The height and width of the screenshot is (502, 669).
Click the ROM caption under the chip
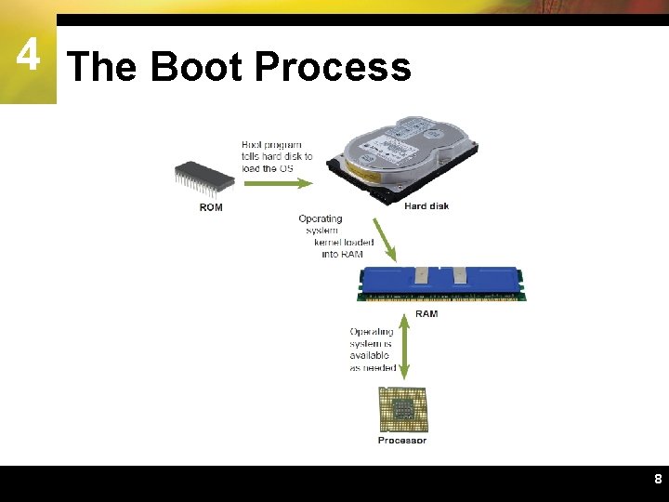211,206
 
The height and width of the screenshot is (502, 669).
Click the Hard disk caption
426,205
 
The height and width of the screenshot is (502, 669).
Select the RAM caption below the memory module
426,314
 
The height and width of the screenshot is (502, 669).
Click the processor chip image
401,409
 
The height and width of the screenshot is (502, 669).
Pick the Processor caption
402,441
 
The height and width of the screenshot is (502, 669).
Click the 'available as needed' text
372,361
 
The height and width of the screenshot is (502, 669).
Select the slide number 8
658,480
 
